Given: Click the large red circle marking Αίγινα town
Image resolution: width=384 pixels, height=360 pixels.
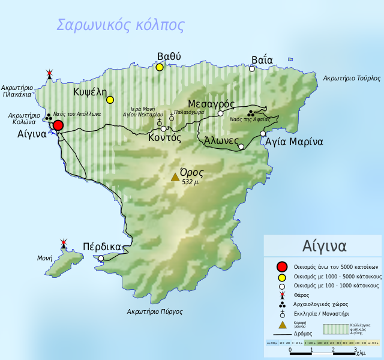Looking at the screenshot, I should (x=58, y=125).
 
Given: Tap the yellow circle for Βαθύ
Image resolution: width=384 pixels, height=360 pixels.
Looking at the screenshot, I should (x=160, y=67).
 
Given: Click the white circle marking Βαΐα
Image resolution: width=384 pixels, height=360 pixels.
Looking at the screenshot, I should (x=252, y=69).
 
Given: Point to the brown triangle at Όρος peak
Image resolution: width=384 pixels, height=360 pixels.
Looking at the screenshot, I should (x=175, y=177).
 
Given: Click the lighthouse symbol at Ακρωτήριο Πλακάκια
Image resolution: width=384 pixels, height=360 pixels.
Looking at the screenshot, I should (x=50, y=75).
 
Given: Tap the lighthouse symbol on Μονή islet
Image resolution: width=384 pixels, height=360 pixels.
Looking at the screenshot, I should (x=64, y=244).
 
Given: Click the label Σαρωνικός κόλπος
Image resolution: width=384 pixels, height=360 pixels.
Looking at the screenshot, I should (x=120, y=25).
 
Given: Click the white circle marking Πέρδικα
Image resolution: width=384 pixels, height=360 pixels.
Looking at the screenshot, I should (x=101, y=259).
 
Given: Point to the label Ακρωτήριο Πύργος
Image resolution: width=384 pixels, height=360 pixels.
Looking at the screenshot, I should (x=155, y=312).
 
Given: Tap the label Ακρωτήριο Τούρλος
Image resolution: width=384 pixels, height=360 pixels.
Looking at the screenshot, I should (x=352, y=78).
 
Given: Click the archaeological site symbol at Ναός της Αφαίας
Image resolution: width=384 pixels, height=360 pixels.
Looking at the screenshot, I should (x=251, y=113).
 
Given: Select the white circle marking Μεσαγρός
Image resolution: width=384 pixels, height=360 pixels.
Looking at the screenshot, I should (x=220, y=113).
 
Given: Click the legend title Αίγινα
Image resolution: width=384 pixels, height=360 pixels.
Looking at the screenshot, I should (x=323, y=247).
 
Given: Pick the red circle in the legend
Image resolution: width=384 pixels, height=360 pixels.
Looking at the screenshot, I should (x=281, y=267).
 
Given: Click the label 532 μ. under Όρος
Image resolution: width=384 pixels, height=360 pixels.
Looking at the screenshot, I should (x=191, y=182).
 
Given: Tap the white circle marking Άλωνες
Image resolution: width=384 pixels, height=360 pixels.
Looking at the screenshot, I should (x=241, y=146).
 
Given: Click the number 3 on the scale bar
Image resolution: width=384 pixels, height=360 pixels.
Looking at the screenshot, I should (x=355, y=350).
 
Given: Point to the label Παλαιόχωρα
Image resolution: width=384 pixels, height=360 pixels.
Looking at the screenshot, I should (x=189, y=112).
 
